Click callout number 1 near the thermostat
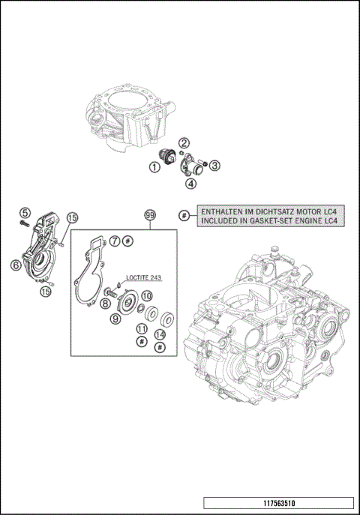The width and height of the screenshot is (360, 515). pyautogui.click(x=153, y=168)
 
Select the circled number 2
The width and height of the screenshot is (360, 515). pyautogui.click(x=184, y=142)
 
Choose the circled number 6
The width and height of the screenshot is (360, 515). pyautogui.click(x=15, y=264)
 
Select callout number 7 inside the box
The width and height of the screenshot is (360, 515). pyautogui.click(x=115, y=241)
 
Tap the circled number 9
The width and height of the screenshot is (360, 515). pyautogui.click(x=115, y=319)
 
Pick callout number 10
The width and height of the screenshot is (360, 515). pyautogui.click(x=147, y=296)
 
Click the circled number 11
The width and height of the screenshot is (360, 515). pyautogui.click(x=141, y=329)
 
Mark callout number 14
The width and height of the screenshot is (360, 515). pyautogui.click(x=160, y=334)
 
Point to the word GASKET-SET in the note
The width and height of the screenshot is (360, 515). pyautogui.click(x=274, y=221)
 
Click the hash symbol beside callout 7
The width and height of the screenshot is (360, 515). pyautogui.click(x=128, y=241)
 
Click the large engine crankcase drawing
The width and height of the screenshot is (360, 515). pyautogui.click(x=270, y=330)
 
